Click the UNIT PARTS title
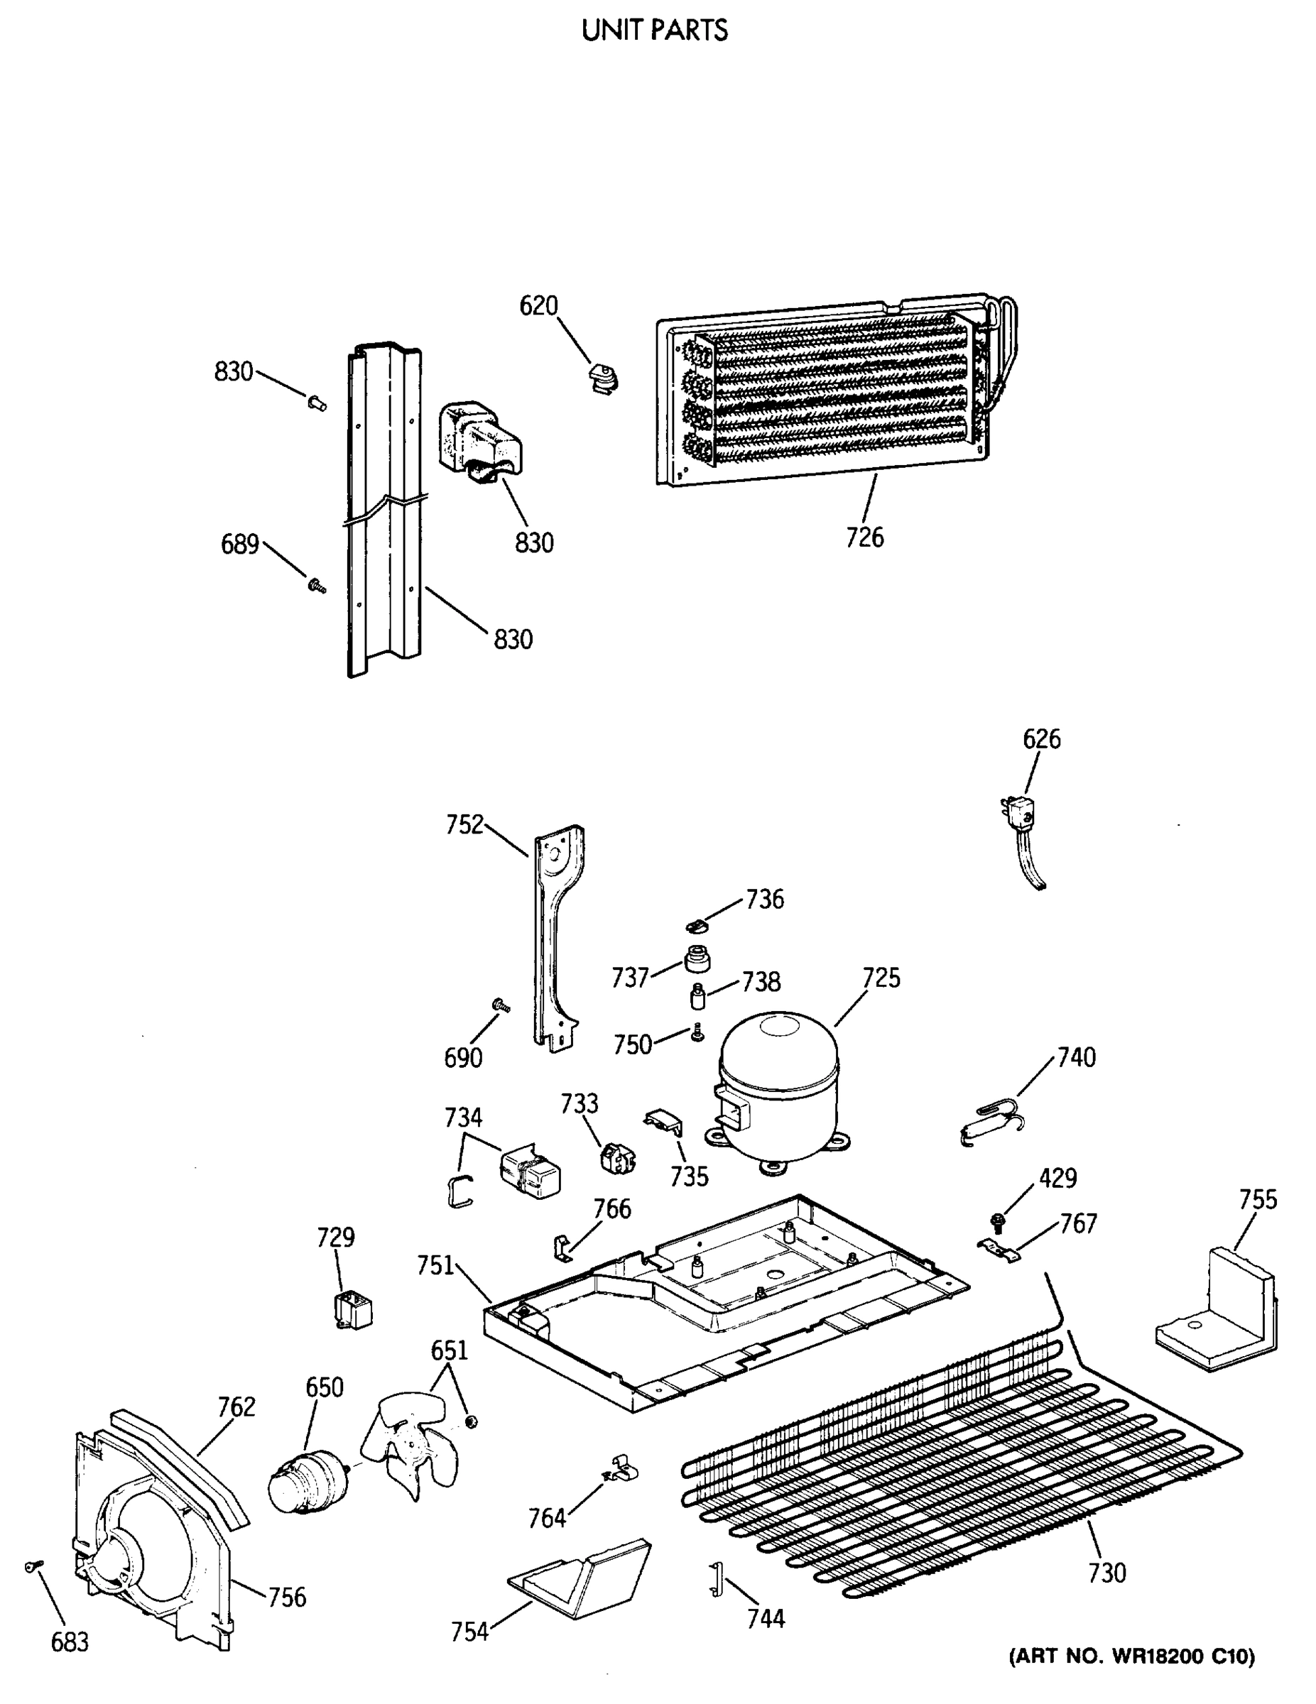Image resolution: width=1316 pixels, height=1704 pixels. coord(654,31)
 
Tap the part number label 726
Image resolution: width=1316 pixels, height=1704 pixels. coord(865,537)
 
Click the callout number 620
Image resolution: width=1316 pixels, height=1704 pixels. coord(538,306)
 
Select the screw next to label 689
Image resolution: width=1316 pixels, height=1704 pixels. coord(316,585)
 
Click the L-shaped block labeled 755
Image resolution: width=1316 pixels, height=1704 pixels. coord(1219,1316)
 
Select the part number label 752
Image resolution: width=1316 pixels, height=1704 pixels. coord(465,825)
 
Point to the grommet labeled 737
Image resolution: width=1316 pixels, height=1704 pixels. coord(697,959)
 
